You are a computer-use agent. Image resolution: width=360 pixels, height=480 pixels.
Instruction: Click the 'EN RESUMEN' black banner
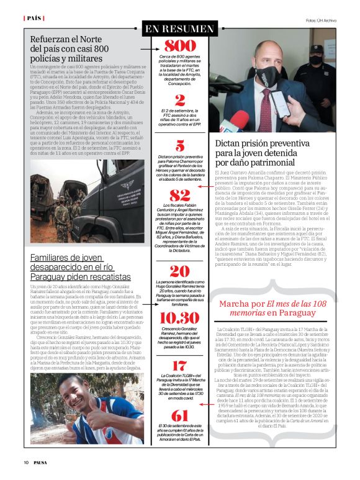point(179,29)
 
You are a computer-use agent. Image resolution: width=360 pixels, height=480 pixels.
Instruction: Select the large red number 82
point(179,194)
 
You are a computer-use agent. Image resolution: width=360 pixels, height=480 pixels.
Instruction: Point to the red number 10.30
point(179,318)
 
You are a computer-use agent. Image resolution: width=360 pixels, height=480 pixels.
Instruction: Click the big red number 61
point(179,416)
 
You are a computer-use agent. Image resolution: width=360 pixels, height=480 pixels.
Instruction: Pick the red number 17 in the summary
point(179,366)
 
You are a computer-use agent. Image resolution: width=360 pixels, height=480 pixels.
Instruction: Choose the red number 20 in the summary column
point(179,271)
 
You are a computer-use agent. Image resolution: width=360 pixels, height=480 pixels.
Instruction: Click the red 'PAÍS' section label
point(34,18)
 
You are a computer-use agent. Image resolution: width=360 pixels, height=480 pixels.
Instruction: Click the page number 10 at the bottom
point(26,462)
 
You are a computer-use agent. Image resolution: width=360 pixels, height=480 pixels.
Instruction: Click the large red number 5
point(179,146)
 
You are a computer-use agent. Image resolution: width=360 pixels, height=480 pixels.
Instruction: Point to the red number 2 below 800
point(179,99)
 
